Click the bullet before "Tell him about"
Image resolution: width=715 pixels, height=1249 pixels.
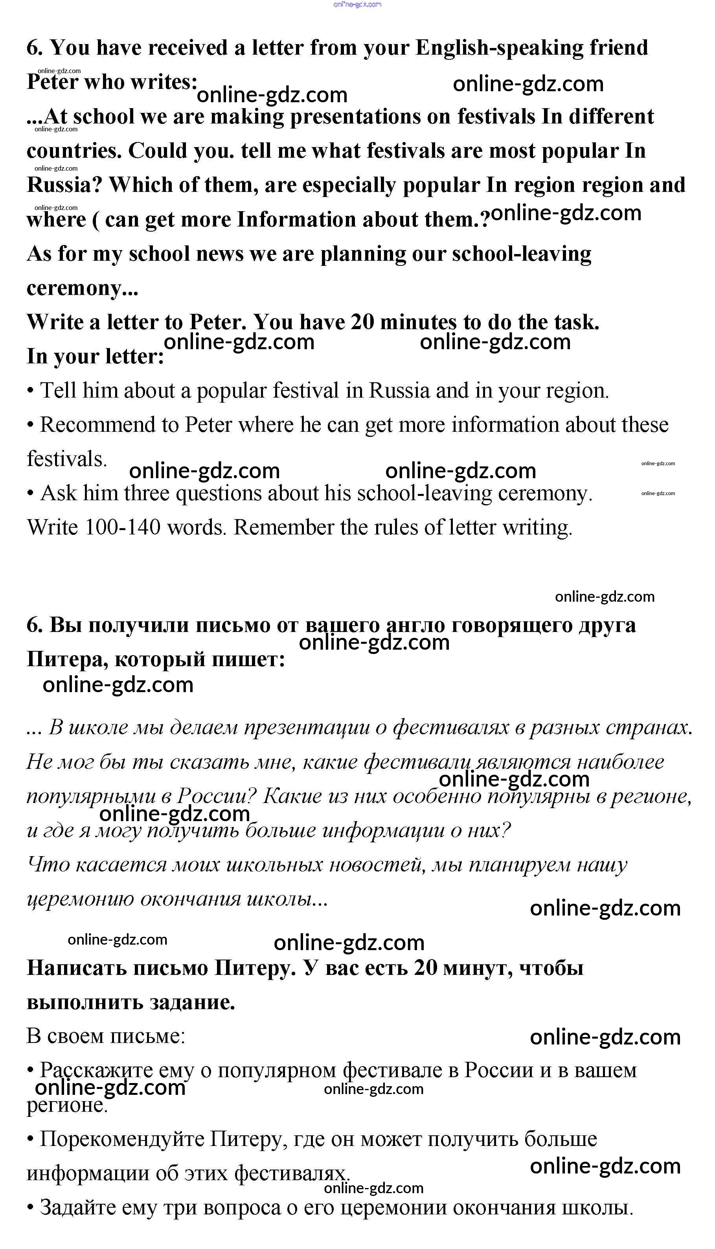[x=30, y=391]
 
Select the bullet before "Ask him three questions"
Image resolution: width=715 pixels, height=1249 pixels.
[x=30, y=494]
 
